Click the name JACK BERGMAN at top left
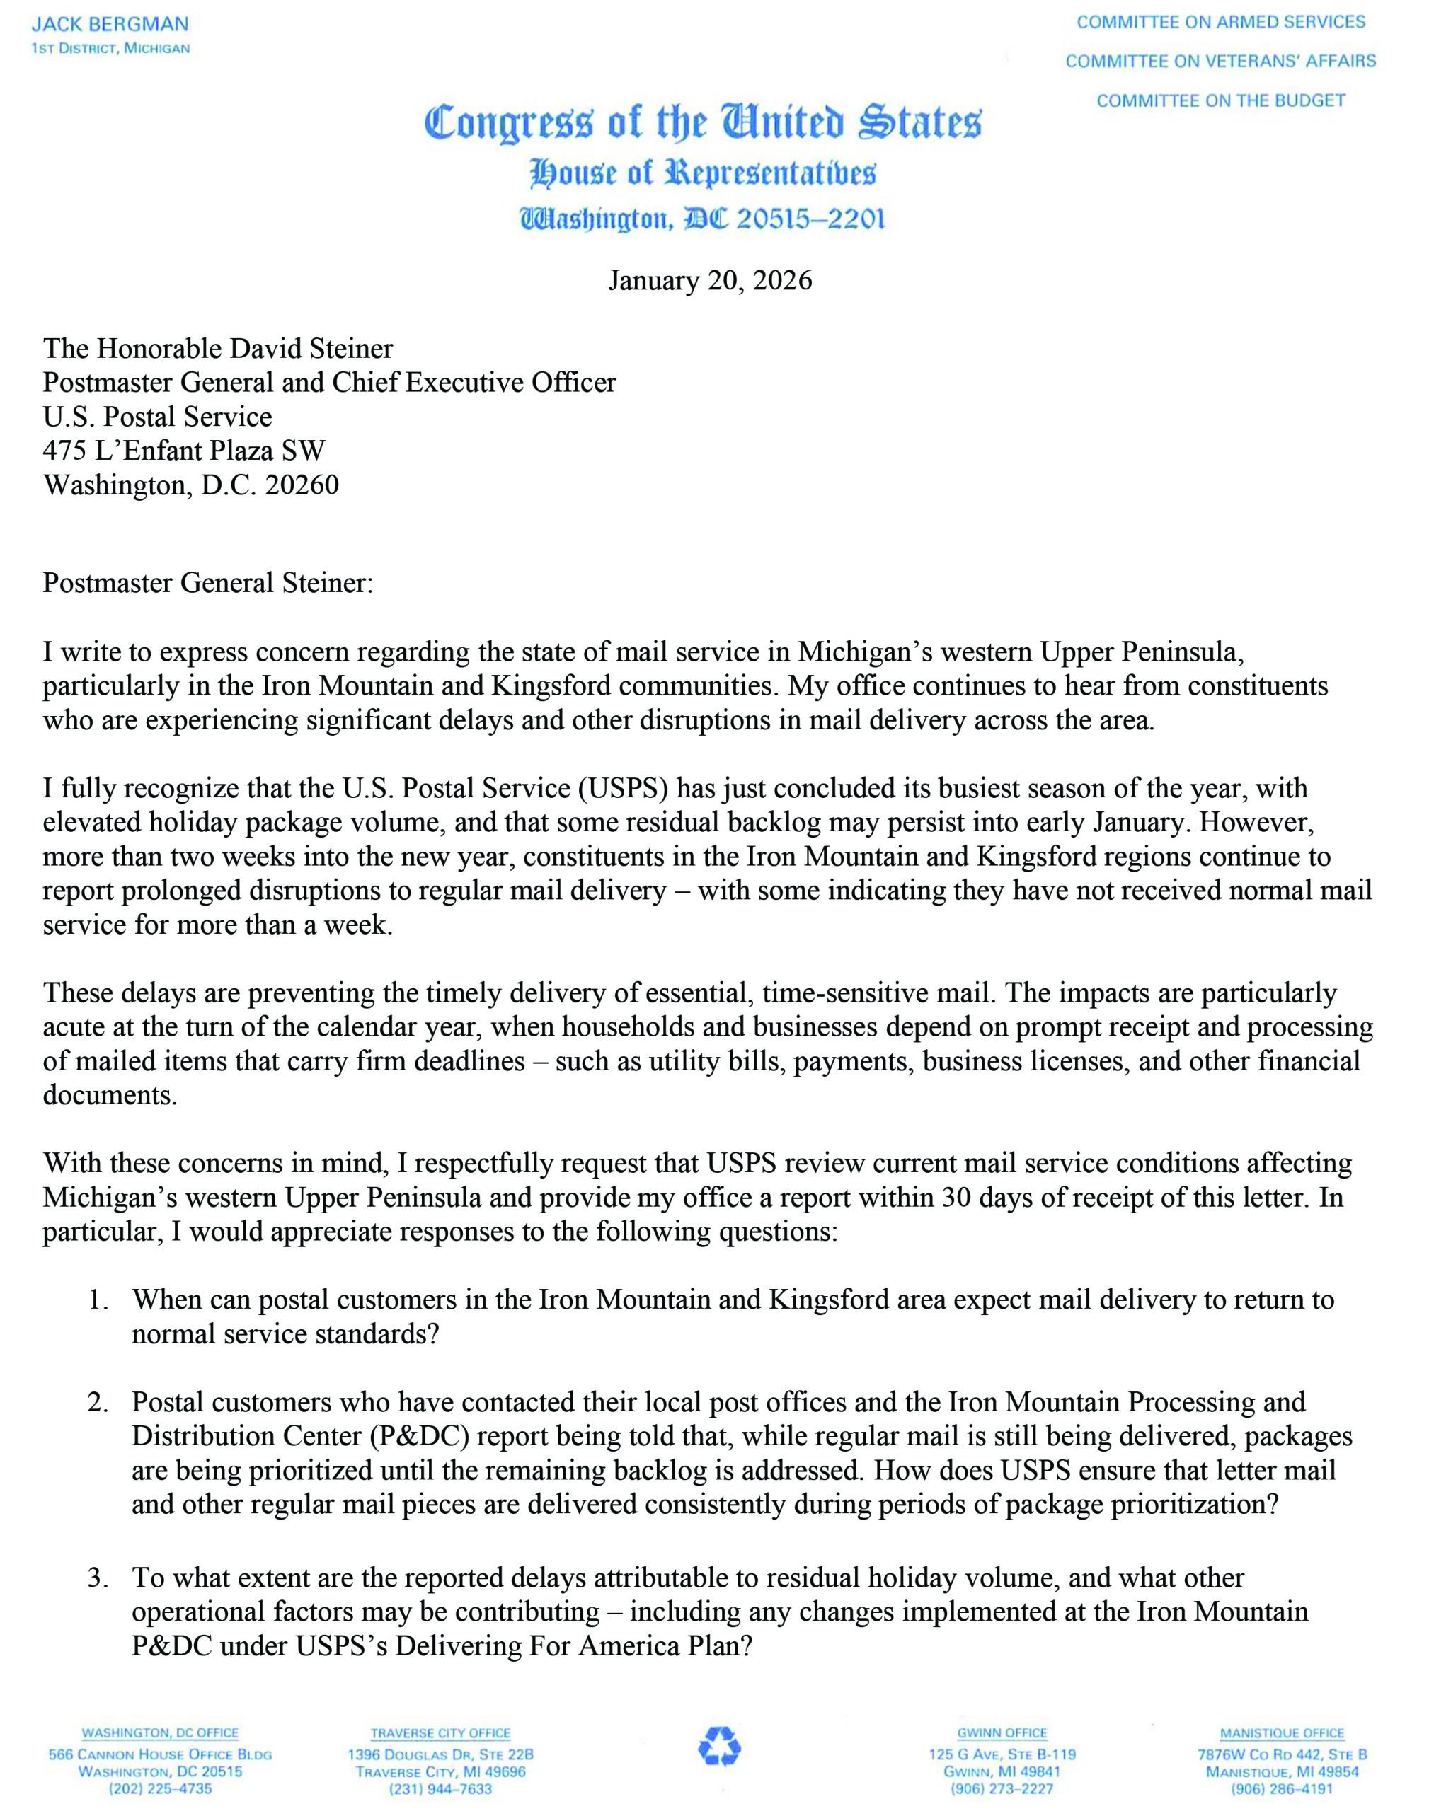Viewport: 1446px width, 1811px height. [110, 23]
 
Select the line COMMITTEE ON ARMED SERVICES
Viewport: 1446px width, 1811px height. [1221, 22]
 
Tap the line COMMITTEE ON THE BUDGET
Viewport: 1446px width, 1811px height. [1221, 100]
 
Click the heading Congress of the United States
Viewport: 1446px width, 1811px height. [702, 122]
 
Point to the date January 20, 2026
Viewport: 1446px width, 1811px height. [710, 279]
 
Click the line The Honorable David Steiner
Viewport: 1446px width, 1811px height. [217, 349]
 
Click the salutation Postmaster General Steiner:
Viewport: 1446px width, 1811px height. [207, 583]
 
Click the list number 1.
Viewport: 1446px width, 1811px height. [98, 1300]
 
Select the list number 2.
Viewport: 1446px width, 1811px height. [98, 1402]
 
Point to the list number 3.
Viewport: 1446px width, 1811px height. [98, 1578]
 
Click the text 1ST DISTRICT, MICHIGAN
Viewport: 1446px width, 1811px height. [110, 49]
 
